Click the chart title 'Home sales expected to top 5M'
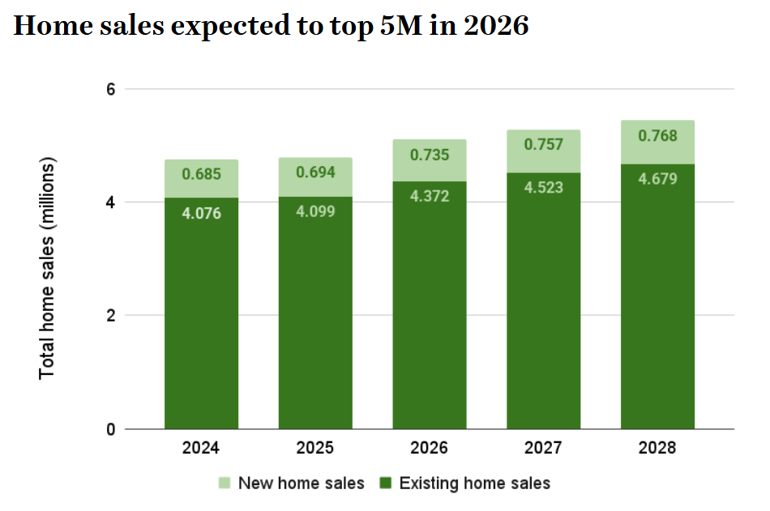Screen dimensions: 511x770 pyautogui.click(x=272, y=26)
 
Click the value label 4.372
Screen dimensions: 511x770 pyautogui.click(x=430, y=197)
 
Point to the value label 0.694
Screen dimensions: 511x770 pyautogui.click(x=315, y=172)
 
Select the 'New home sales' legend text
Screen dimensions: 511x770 pyautogui.click(x=302, y=483)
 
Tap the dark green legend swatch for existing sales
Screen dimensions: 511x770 pyautogui.click(x=386, y=483)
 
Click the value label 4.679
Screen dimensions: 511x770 pyautogui.click(x=658, y=180)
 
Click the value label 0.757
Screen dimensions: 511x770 pyautogui.click(x=544, y=145)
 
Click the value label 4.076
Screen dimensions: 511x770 pyautogui.click(x=201, y=214)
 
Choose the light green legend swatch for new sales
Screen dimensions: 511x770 pyautogui.click(x=225, y=483)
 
